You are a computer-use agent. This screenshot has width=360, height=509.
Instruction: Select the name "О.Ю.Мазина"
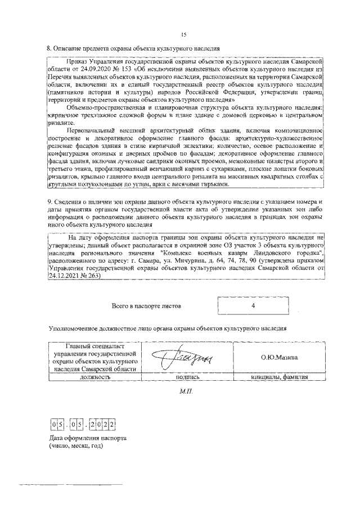click(279, 357)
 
